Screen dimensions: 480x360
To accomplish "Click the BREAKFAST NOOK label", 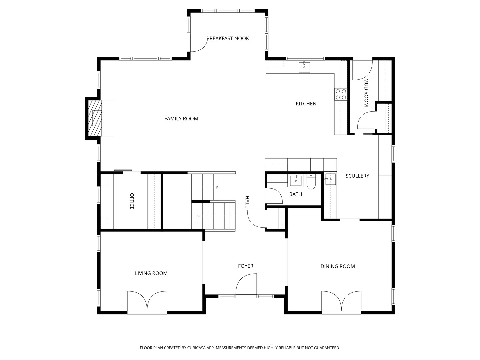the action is click(x=227, y=38).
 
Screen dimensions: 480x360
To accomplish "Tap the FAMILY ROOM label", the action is click(x=181, y=118).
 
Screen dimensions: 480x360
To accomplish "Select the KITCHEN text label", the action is click(x=306, y=104).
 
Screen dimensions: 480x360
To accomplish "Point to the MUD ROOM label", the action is click(x=366, y=92).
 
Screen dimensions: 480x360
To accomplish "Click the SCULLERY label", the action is click(x=357, y=176).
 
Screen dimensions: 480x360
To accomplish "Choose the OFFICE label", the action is click(x=132, y=201).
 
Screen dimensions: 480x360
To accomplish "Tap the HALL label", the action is click(x=247, y=202).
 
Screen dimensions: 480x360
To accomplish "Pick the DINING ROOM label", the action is click(x=338, y=266).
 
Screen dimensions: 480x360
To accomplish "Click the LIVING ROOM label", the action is click(x=151, y=273).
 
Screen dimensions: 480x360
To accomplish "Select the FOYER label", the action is click(x=246, y=266).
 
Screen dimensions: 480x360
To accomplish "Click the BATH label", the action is click(x=295, y=194).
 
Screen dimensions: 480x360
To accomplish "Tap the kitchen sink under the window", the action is click(x=304, y=67).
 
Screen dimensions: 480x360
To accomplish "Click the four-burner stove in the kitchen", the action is click(x=341, y=94).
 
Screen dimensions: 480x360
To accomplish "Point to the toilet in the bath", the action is click(x=311, y=182).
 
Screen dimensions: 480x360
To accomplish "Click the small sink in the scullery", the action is click(x=330, y=179).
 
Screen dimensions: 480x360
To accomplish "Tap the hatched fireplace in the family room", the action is click(x=95, y=118).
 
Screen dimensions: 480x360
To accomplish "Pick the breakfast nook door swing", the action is click(x=199, y=43).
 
